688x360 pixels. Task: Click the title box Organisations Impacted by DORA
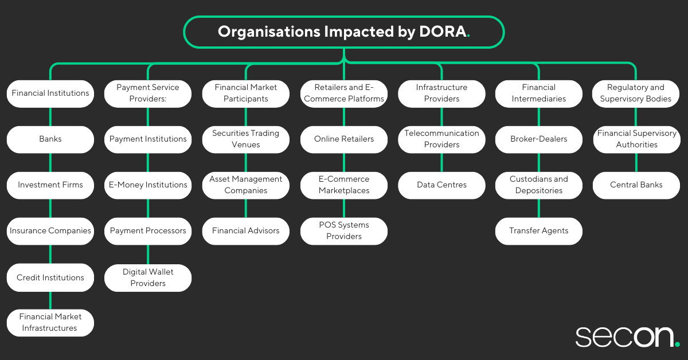(x=343, y=32)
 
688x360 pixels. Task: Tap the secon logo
(x=627, y=337)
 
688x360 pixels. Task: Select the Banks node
(x=50, y=139)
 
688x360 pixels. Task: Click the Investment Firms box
(x=50, y=185)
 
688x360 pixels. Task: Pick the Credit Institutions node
(x=50, y=277)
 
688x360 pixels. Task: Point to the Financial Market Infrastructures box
(x=50, y=323)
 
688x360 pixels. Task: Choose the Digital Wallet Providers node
(x=148, y=277)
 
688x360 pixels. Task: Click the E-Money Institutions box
(x=148, y=185)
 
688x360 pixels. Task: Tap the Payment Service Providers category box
(x=148, y=93)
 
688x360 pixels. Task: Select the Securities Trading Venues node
(x=246, y=139)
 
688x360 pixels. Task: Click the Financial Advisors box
(x=246, y=231)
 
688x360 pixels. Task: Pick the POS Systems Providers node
(x=344, y=231)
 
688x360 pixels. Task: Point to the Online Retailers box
(x=344, y=139)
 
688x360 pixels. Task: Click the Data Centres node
(x=441, y=185)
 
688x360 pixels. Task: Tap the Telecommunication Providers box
(x=441, y=139)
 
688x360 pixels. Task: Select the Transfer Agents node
(x=539, y=231)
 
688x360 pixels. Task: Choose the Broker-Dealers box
(x=539, y=139)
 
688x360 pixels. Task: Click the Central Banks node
(x=636, y=185)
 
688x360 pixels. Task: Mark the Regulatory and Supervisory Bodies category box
(x=636, y=93)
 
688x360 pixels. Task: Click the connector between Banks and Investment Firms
(x=50, y=162)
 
